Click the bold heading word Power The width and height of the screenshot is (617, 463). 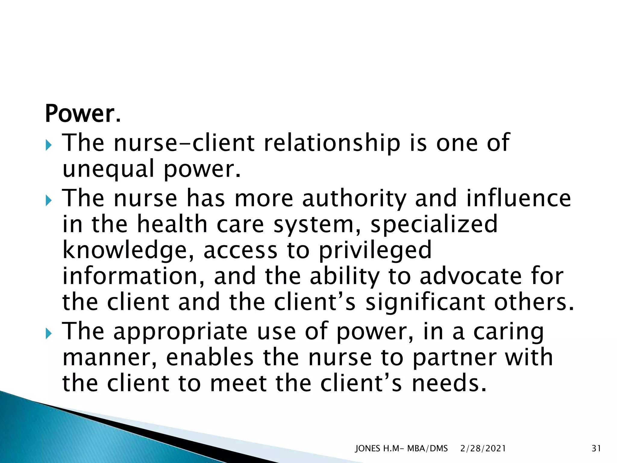coord(80,114)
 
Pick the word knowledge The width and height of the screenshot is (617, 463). coord(128,251)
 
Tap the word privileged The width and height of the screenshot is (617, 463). coord(375,251)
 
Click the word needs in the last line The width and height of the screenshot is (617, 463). coord(449,383)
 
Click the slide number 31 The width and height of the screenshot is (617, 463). coord(596,449)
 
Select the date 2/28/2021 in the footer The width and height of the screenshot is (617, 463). coord(483,449)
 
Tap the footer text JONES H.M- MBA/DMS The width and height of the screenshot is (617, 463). coord(401,449)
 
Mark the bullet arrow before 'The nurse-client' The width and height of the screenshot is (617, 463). coord(49,145)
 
